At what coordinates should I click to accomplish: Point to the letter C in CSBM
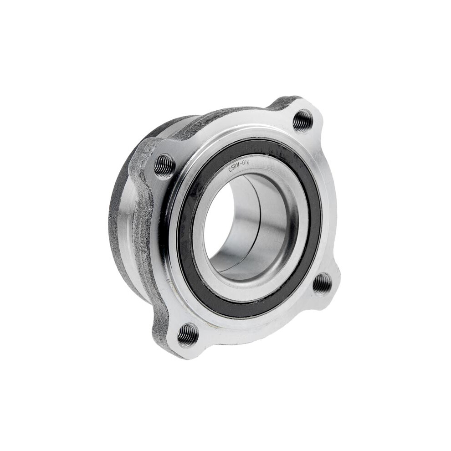230,170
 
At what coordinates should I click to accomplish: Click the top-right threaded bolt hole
302,120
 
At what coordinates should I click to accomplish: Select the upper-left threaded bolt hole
164,165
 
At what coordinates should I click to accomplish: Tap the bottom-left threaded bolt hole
188,335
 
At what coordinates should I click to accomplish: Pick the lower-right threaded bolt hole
323,283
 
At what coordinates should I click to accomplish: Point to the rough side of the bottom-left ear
159,328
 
